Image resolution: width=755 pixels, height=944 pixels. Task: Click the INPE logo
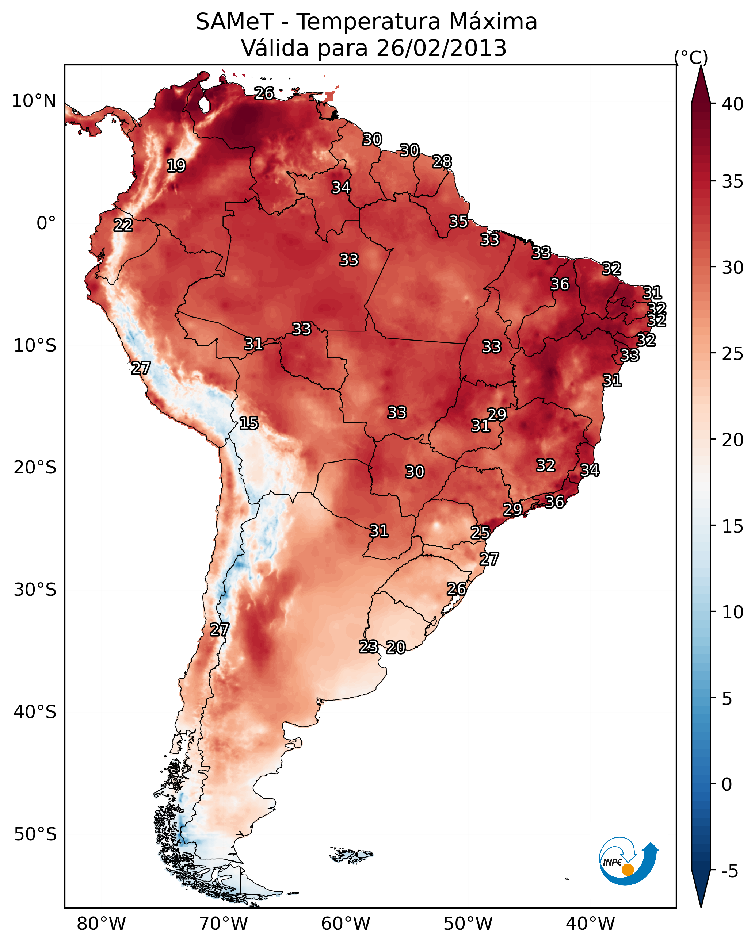629,863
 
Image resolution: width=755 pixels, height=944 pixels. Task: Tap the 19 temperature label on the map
176,166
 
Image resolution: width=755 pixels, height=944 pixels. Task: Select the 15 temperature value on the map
248,423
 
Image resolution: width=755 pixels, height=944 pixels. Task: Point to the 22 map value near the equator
123,225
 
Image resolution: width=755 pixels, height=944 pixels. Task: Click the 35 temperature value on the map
458,222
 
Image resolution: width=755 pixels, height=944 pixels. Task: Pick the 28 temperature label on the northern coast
442,162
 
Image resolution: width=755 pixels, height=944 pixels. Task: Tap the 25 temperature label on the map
480,533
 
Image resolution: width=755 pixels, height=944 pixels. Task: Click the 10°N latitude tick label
34,101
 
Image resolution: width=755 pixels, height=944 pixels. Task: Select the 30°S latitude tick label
35,590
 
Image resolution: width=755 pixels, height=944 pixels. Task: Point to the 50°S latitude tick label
35,834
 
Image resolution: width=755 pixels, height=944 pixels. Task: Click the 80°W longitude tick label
101,924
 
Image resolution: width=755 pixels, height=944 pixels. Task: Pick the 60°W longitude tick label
346,924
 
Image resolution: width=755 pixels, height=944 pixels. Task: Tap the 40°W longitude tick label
590,924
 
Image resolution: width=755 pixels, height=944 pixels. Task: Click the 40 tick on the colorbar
733,104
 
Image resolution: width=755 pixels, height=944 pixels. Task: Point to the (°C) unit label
691,57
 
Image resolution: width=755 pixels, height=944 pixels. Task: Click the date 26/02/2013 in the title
441,48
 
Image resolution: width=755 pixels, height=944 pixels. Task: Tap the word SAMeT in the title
234,22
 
